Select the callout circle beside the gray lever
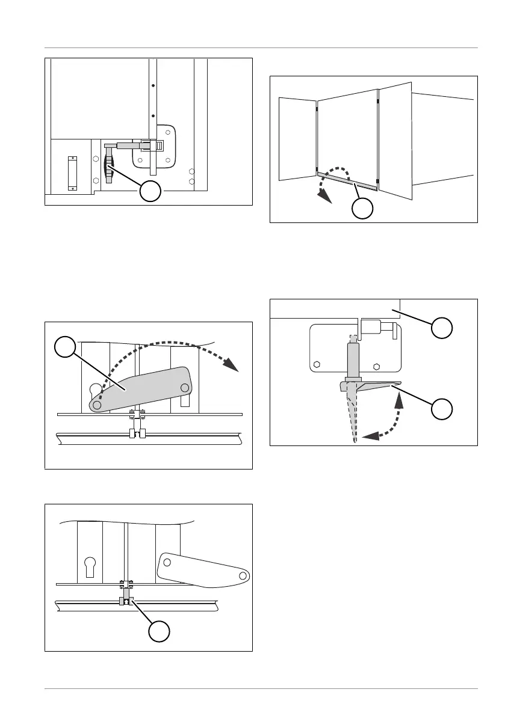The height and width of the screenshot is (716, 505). (65, 347)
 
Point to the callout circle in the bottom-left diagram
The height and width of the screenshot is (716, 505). (158, 631)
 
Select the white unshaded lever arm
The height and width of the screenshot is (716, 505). (201, 568)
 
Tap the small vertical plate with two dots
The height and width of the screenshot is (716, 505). (73, 173)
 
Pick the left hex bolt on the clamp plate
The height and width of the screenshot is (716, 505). (316, 365)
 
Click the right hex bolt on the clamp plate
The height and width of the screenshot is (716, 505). (377, 365)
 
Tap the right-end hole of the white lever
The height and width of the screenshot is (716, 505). (243, 576)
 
